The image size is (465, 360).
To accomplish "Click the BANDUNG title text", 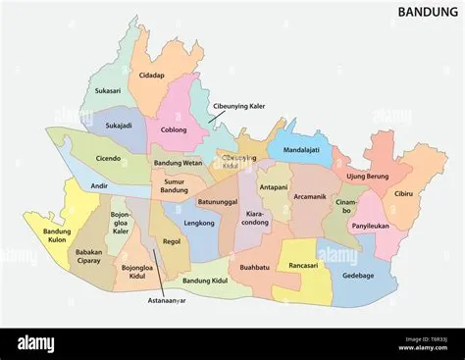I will pos(426,12).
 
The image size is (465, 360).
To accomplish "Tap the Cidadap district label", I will pos(152,75).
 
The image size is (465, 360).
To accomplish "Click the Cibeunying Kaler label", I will pos(238,106).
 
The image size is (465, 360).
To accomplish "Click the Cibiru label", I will pos(404,193).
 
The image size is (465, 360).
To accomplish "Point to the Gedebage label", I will pos(358,276).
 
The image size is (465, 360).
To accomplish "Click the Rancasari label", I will pos(295,265).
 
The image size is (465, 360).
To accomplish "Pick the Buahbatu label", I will pos(254,266).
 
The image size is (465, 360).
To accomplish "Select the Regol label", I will pos(172,240).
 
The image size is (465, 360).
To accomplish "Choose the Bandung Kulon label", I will pos(57,235).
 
